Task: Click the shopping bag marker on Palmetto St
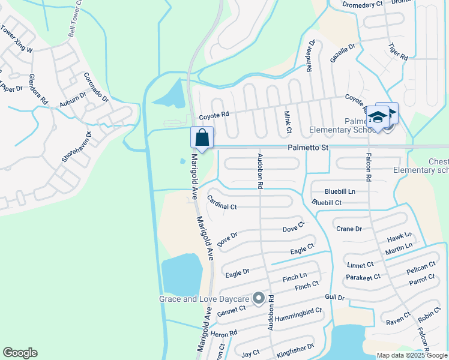[x=202, y=137]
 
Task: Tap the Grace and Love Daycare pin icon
[x=259, y=298]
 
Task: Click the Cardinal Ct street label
[x=221, y=203]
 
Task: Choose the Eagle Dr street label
[x=237, y=274]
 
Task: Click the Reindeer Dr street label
[x=310, y=56]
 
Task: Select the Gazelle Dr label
[x=343, y=54]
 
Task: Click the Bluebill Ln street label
[x=340, y=191]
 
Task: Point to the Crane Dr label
[x=349, y=229]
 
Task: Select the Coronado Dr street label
[x=96, y=87]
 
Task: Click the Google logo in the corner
[x=20, y=353]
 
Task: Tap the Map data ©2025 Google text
[x=412, y=355]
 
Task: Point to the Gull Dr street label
[x=334, y=298]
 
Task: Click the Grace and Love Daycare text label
[x=204, y=299]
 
